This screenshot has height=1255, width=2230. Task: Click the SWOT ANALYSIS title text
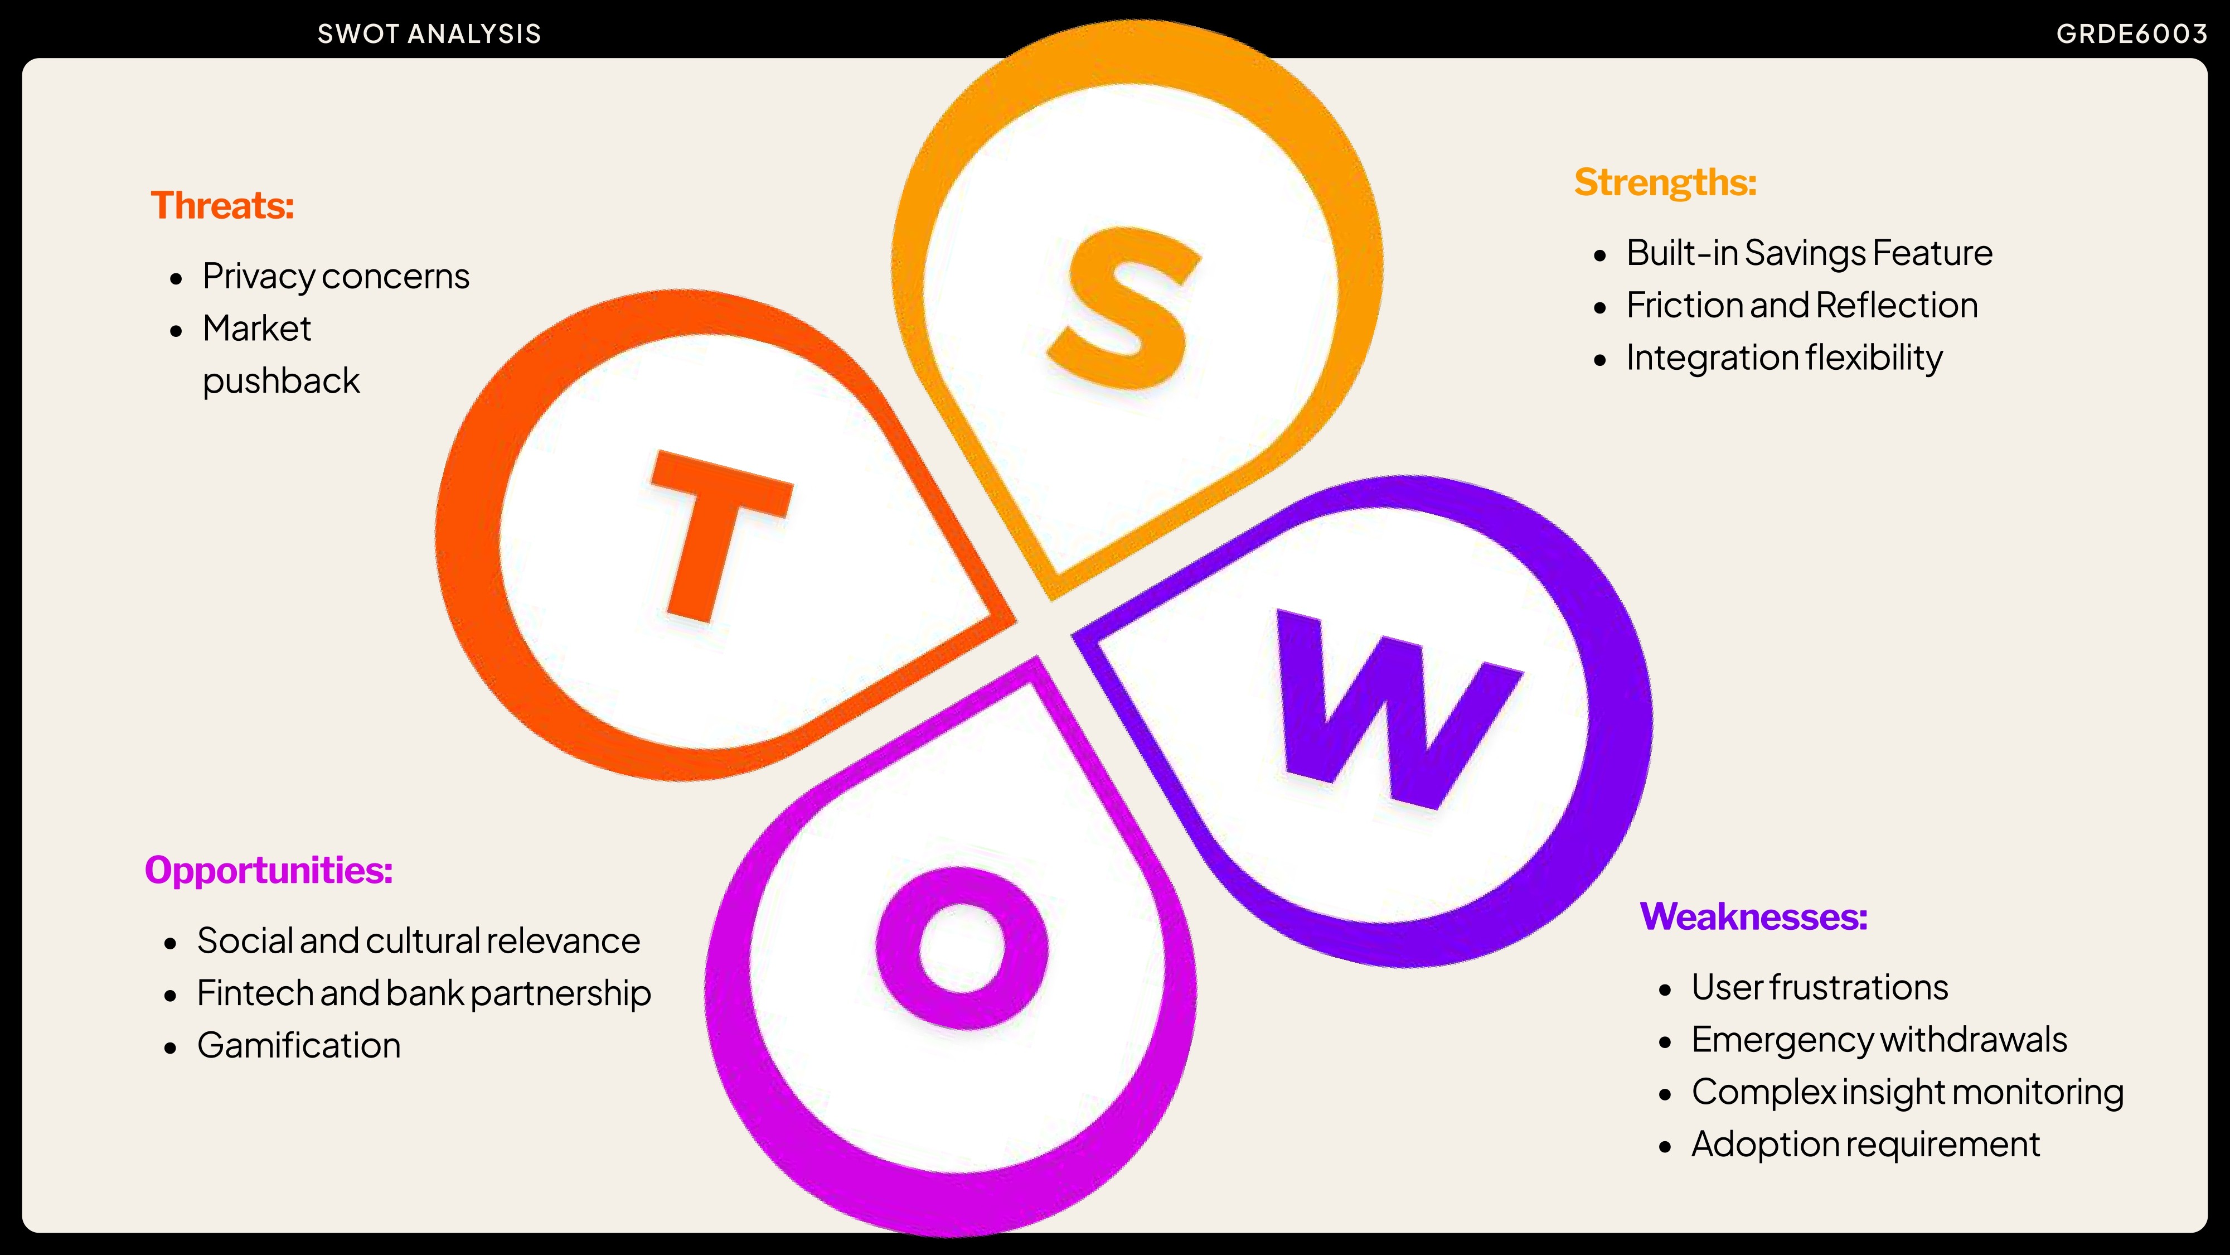pos(429,34)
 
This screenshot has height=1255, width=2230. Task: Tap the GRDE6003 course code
pos(2131,34)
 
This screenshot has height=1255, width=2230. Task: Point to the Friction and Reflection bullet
pos(1801,306)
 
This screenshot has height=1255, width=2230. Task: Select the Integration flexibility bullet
pos(1784,358)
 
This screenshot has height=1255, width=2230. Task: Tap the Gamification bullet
pos(299,1045)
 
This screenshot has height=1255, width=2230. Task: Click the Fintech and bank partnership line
pos(423,993)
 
